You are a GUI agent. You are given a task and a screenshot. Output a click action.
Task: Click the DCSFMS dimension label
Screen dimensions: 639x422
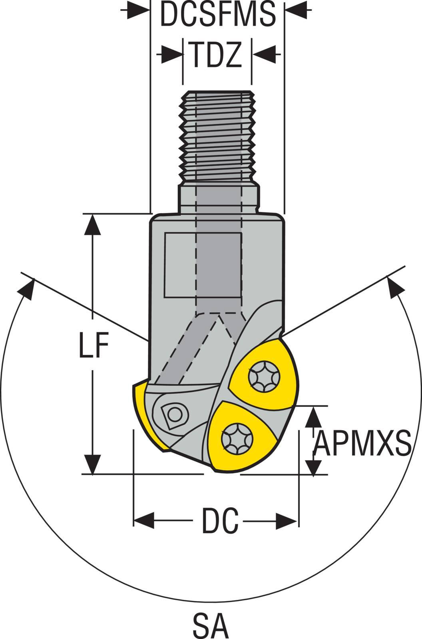coord(218,14)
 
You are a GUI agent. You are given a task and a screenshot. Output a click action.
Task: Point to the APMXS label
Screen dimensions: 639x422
coord(362,443)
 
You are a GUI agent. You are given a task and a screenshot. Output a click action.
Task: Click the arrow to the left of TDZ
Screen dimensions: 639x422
coord(172,54)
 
